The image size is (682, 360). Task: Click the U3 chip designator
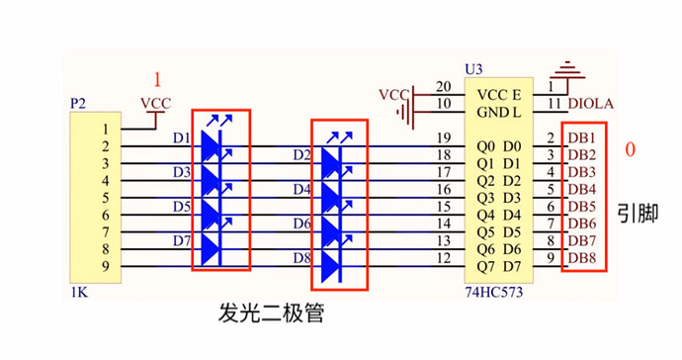(474, 69)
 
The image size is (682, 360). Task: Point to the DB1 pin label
(581, 136)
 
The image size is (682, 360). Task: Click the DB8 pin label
(581, 258)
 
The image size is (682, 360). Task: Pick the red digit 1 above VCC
(154, 79)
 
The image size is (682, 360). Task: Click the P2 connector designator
(79, 103)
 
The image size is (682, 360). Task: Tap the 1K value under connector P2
(79, 294)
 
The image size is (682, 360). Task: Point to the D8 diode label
(301, 258)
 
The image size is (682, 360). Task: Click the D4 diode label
(301, 189)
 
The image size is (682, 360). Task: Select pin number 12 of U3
(444, 258)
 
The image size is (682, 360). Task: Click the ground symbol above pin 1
(566, 70)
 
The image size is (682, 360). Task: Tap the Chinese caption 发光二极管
(271, 316)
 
